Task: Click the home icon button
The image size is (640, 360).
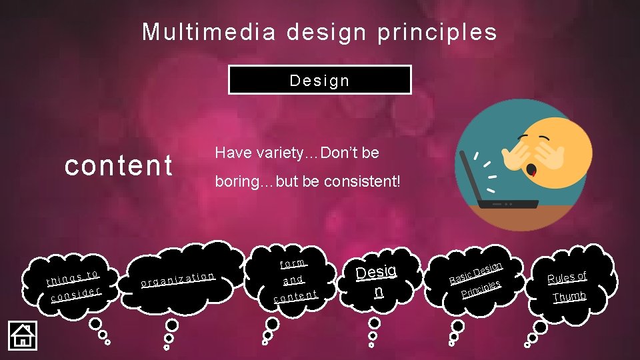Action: pos(22,335)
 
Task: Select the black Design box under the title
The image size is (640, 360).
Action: pos(319,80)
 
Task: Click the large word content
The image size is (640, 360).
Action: pos(118,166)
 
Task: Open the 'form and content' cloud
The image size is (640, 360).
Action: pos(294,279)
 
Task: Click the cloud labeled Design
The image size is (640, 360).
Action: pos(376,281)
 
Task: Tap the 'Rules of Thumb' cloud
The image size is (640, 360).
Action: pos(567,286)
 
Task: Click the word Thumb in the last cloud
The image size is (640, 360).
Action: pos(569,297)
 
